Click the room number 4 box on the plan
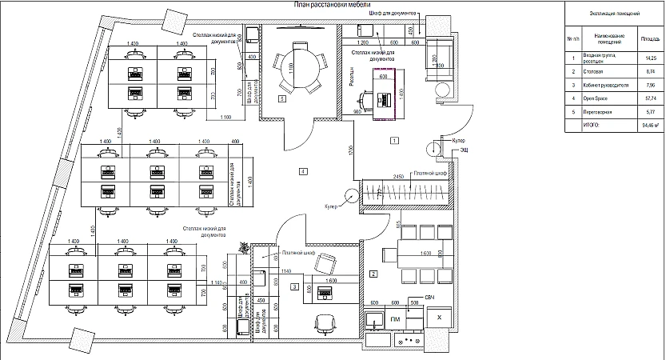coord(303,171)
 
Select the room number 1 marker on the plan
coord(393,140)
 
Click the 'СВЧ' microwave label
coord(429,298)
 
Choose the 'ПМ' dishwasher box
coord(395,319)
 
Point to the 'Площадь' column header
coord(649,38)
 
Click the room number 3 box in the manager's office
coord(295,286)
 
